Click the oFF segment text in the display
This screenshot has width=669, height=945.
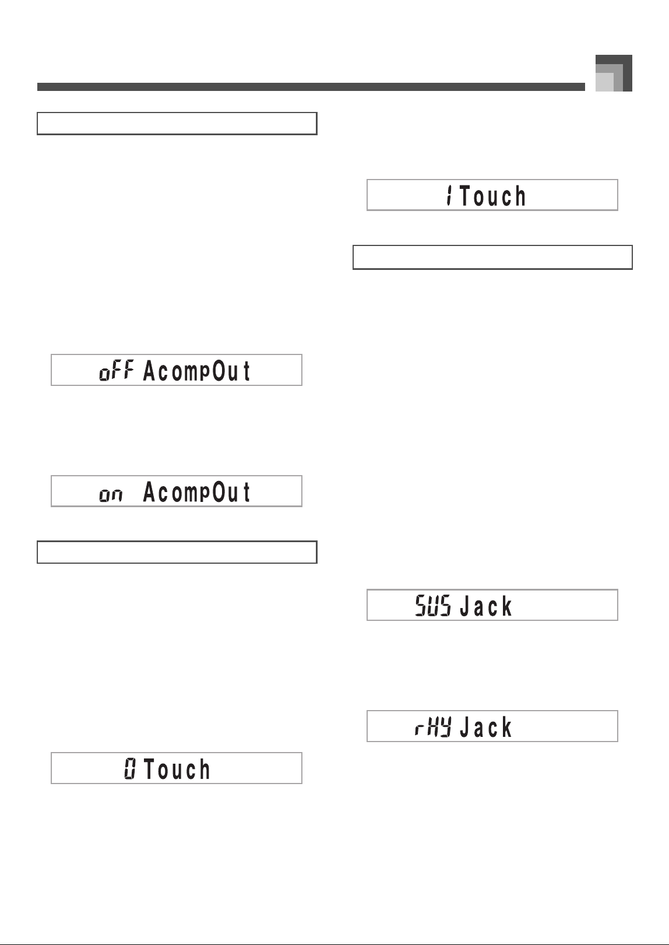(x=117, y=370)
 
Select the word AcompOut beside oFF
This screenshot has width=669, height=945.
(x=196, y=371)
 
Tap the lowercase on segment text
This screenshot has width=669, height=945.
(x=111, y=495)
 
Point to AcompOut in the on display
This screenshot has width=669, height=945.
(x=196, y=493)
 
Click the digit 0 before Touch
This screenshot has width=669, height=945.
(x=130, y=768)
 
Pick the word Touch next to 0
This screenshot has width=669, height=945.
(x=177, y=769)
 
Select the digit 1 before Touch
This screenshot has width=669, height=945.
(x=450, y=196)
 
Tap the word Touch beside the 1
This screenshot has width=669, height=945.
(x=492, y=196)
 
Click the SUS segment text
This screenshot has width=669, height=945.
(x=433, y=605)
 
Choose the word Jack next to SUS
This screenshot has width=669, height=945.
(x=485, y=606)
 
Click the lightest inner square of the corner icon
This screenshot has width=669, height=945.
(x=604, y=82)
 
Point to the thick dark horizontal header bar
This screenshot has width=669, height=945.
(x=311, y=87)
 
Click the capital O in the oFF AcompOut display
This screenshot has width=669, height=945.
(x=219, y=371)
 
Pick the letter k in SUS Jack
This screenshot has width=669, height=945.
(x=506, y=606)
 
